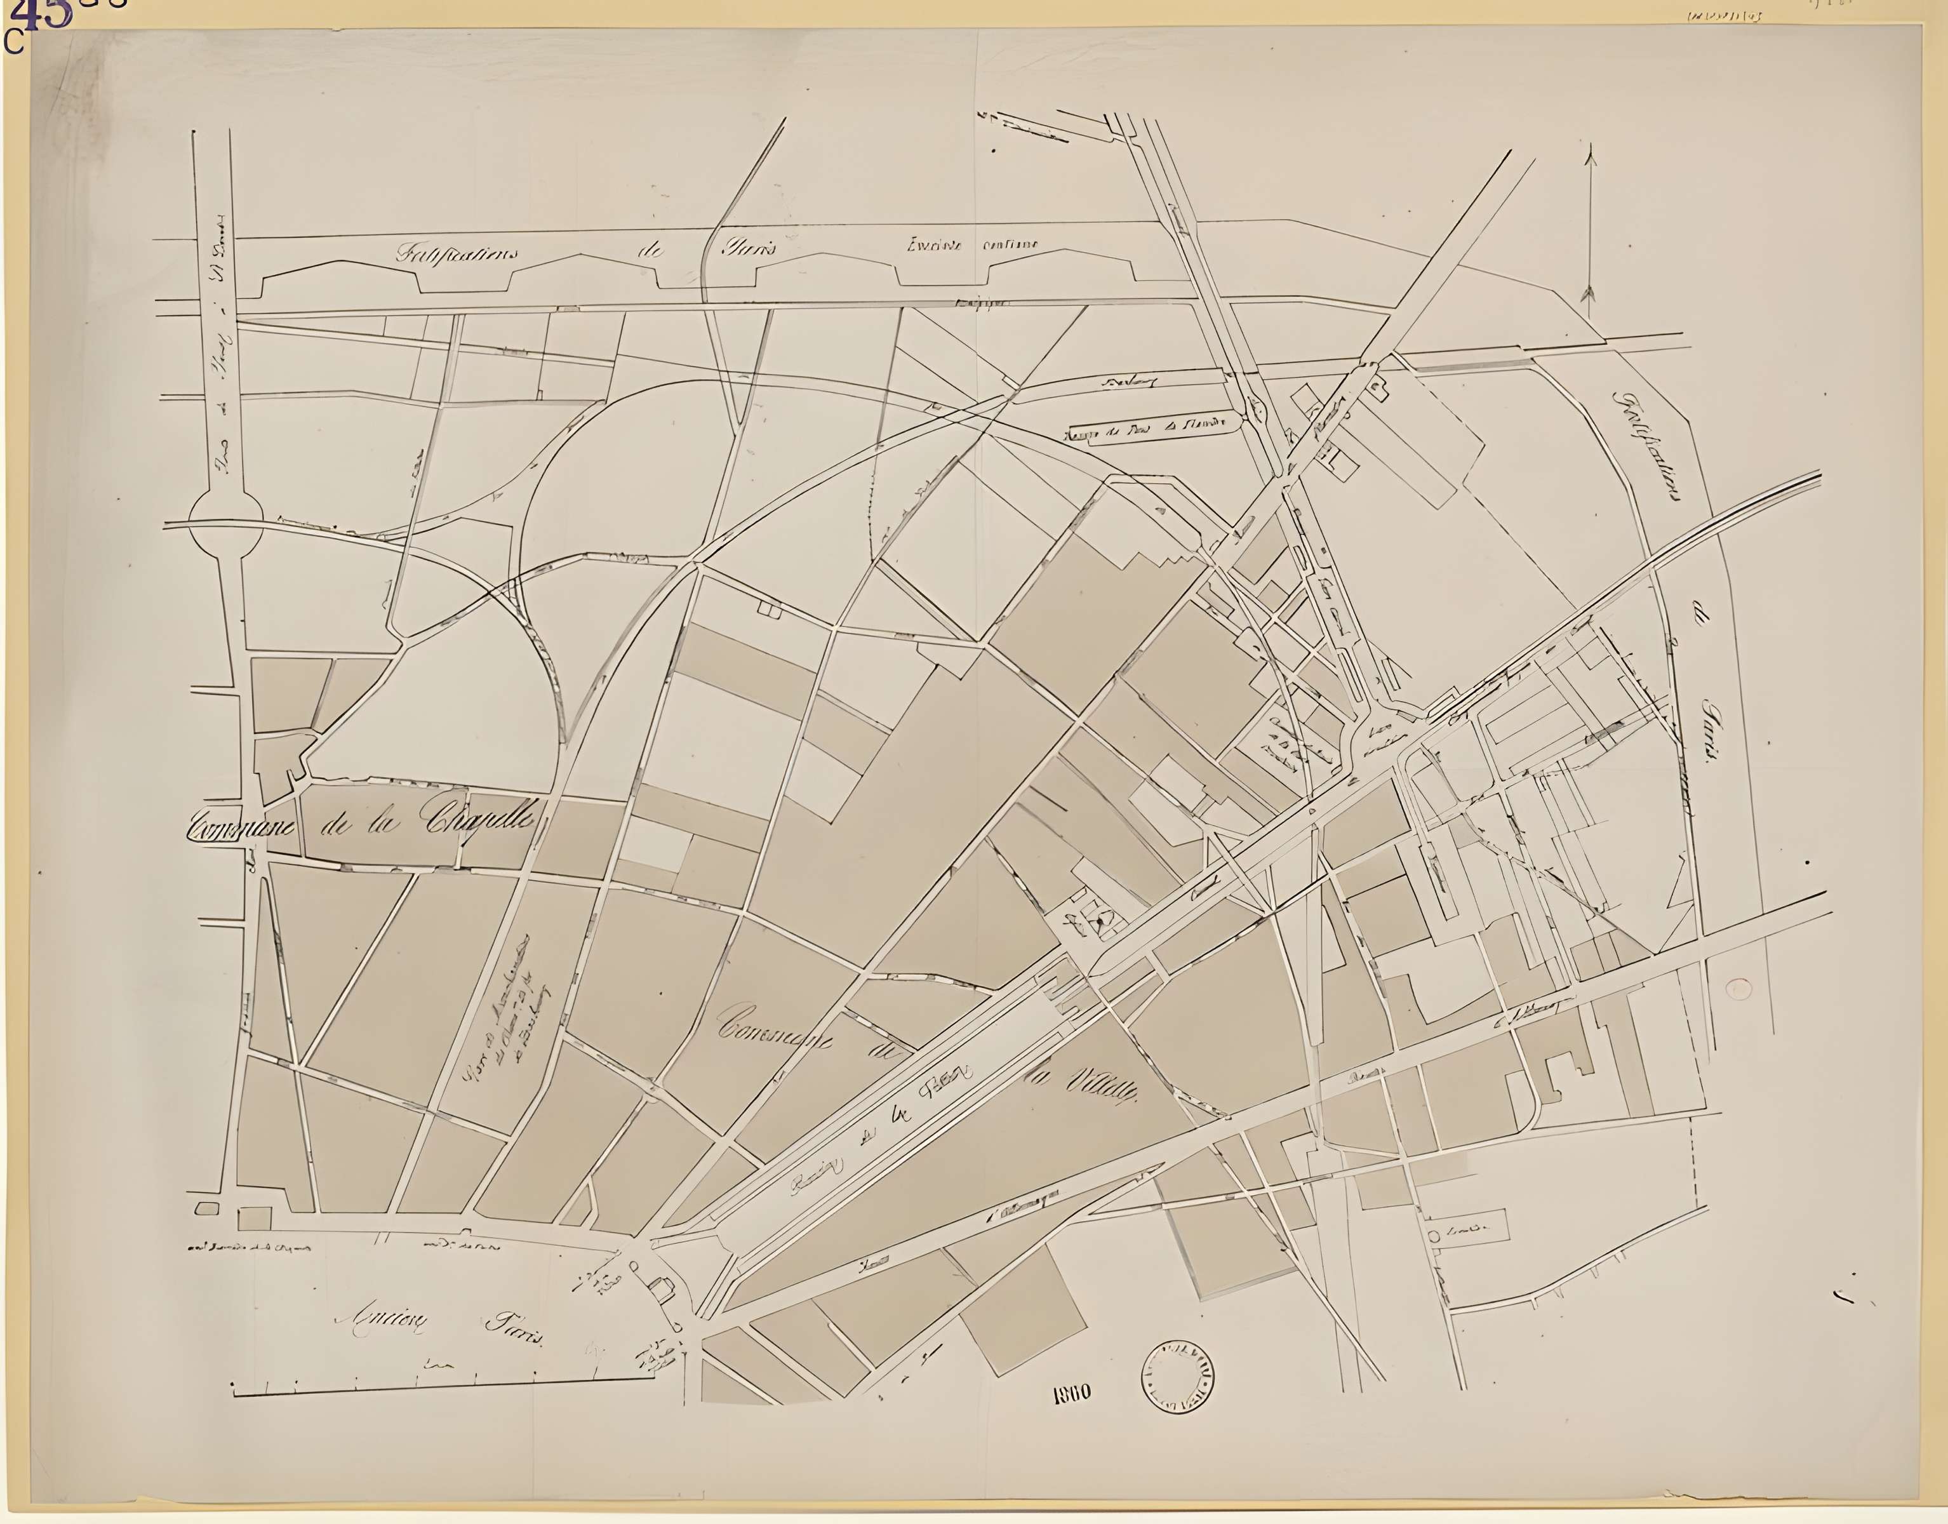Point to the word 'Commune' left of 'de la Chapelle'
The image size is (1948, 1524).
(240, 828)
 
